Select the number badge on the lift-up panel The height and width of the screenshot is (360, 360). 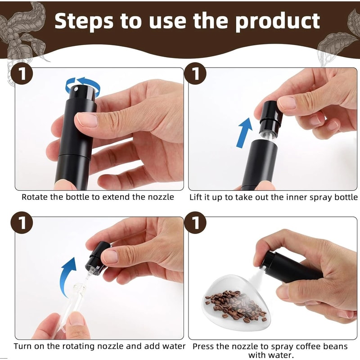pyautogui.click(x=196, y=74)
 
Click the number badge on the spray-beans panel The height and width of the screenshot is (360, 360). pyautogui.click(x=196, y=224)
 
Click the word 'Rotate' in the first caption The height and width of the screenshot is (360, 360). pyautogui.click(x=34, y=197)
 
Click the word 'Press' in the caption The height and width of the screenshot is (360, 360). pyautogui.click(x=203, y=346)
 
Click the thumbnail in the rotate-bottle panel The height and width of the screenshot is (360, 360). pyautogui.click(x=87, y=120)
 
